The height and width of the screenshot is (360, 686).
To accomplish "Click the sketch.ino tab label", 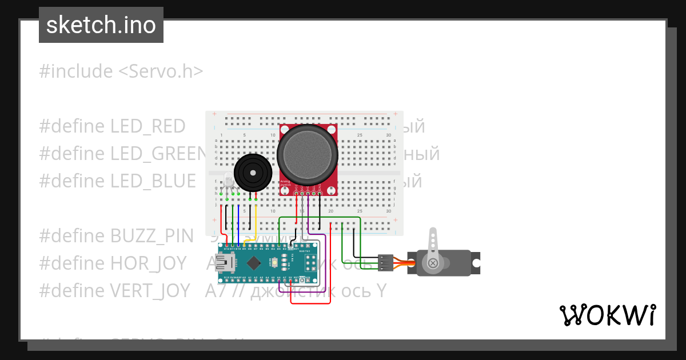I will [101, 25].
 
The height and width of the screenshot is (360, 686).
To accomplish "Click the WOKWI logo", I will [607, 315].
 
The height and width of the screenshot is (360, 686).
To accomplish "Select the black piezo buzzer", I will [252, 172].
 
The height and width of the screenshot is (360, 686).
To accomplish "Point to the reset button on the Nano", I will [276, 263].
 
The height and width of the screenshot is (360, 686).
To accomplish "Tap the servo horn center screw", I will [433, 263].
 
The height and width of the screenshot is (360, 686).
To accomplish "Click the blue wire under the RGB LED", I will [238, 223].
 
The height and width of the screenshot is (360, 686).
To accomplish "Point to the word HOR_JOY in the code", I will [150, 263].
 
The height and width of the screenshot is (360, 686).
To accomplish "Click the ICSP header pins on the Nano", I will [312, 263].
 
